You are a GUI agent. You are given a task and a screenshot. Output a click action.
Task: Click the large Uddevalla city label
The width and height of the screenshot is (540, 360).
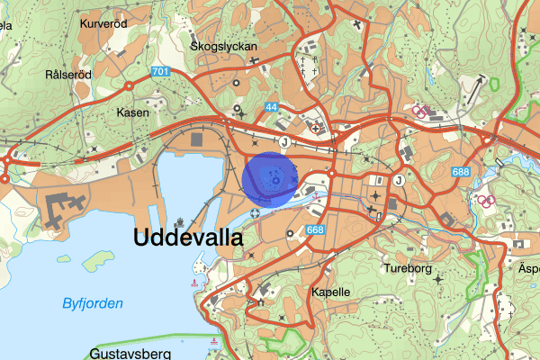(188, 238)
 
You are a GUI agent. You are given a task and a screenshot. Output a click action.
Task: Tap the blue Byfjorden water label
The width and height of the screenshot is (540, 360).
(93, 303)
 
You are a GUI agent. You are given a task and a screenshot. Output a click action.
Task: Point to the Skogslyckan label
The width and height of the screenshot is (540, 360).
(224, 45)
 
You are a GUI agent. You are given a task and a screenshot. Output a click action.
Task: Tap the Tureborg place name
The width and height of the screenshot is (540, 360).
(409, 268)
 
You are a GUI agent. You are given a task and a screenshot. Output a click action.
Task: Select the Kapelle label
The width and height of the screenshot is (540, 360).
(330, 292)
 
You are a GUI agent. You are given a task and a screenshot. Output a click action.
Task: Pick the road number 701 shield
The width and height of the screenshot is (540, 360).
(161, 72)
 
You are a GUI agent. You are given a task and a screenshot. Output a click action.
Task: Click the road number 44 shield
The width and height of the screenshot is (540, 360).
(271, 107)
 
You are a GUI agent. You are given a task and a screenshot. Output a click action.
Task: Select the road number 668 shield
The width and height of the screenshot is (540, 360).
(315, 230)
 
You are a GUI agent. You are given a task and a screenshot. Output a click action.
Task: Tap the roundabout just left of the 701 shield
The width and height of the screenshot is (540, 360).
(130, 85)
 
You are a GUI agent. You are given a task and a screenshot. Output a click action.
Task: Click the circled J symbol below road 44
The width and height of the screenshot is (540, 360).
(283, 141)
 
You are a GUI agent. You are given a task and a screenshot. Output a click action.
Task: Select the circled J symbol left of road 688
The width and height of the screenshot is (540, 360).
(399, 178)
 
